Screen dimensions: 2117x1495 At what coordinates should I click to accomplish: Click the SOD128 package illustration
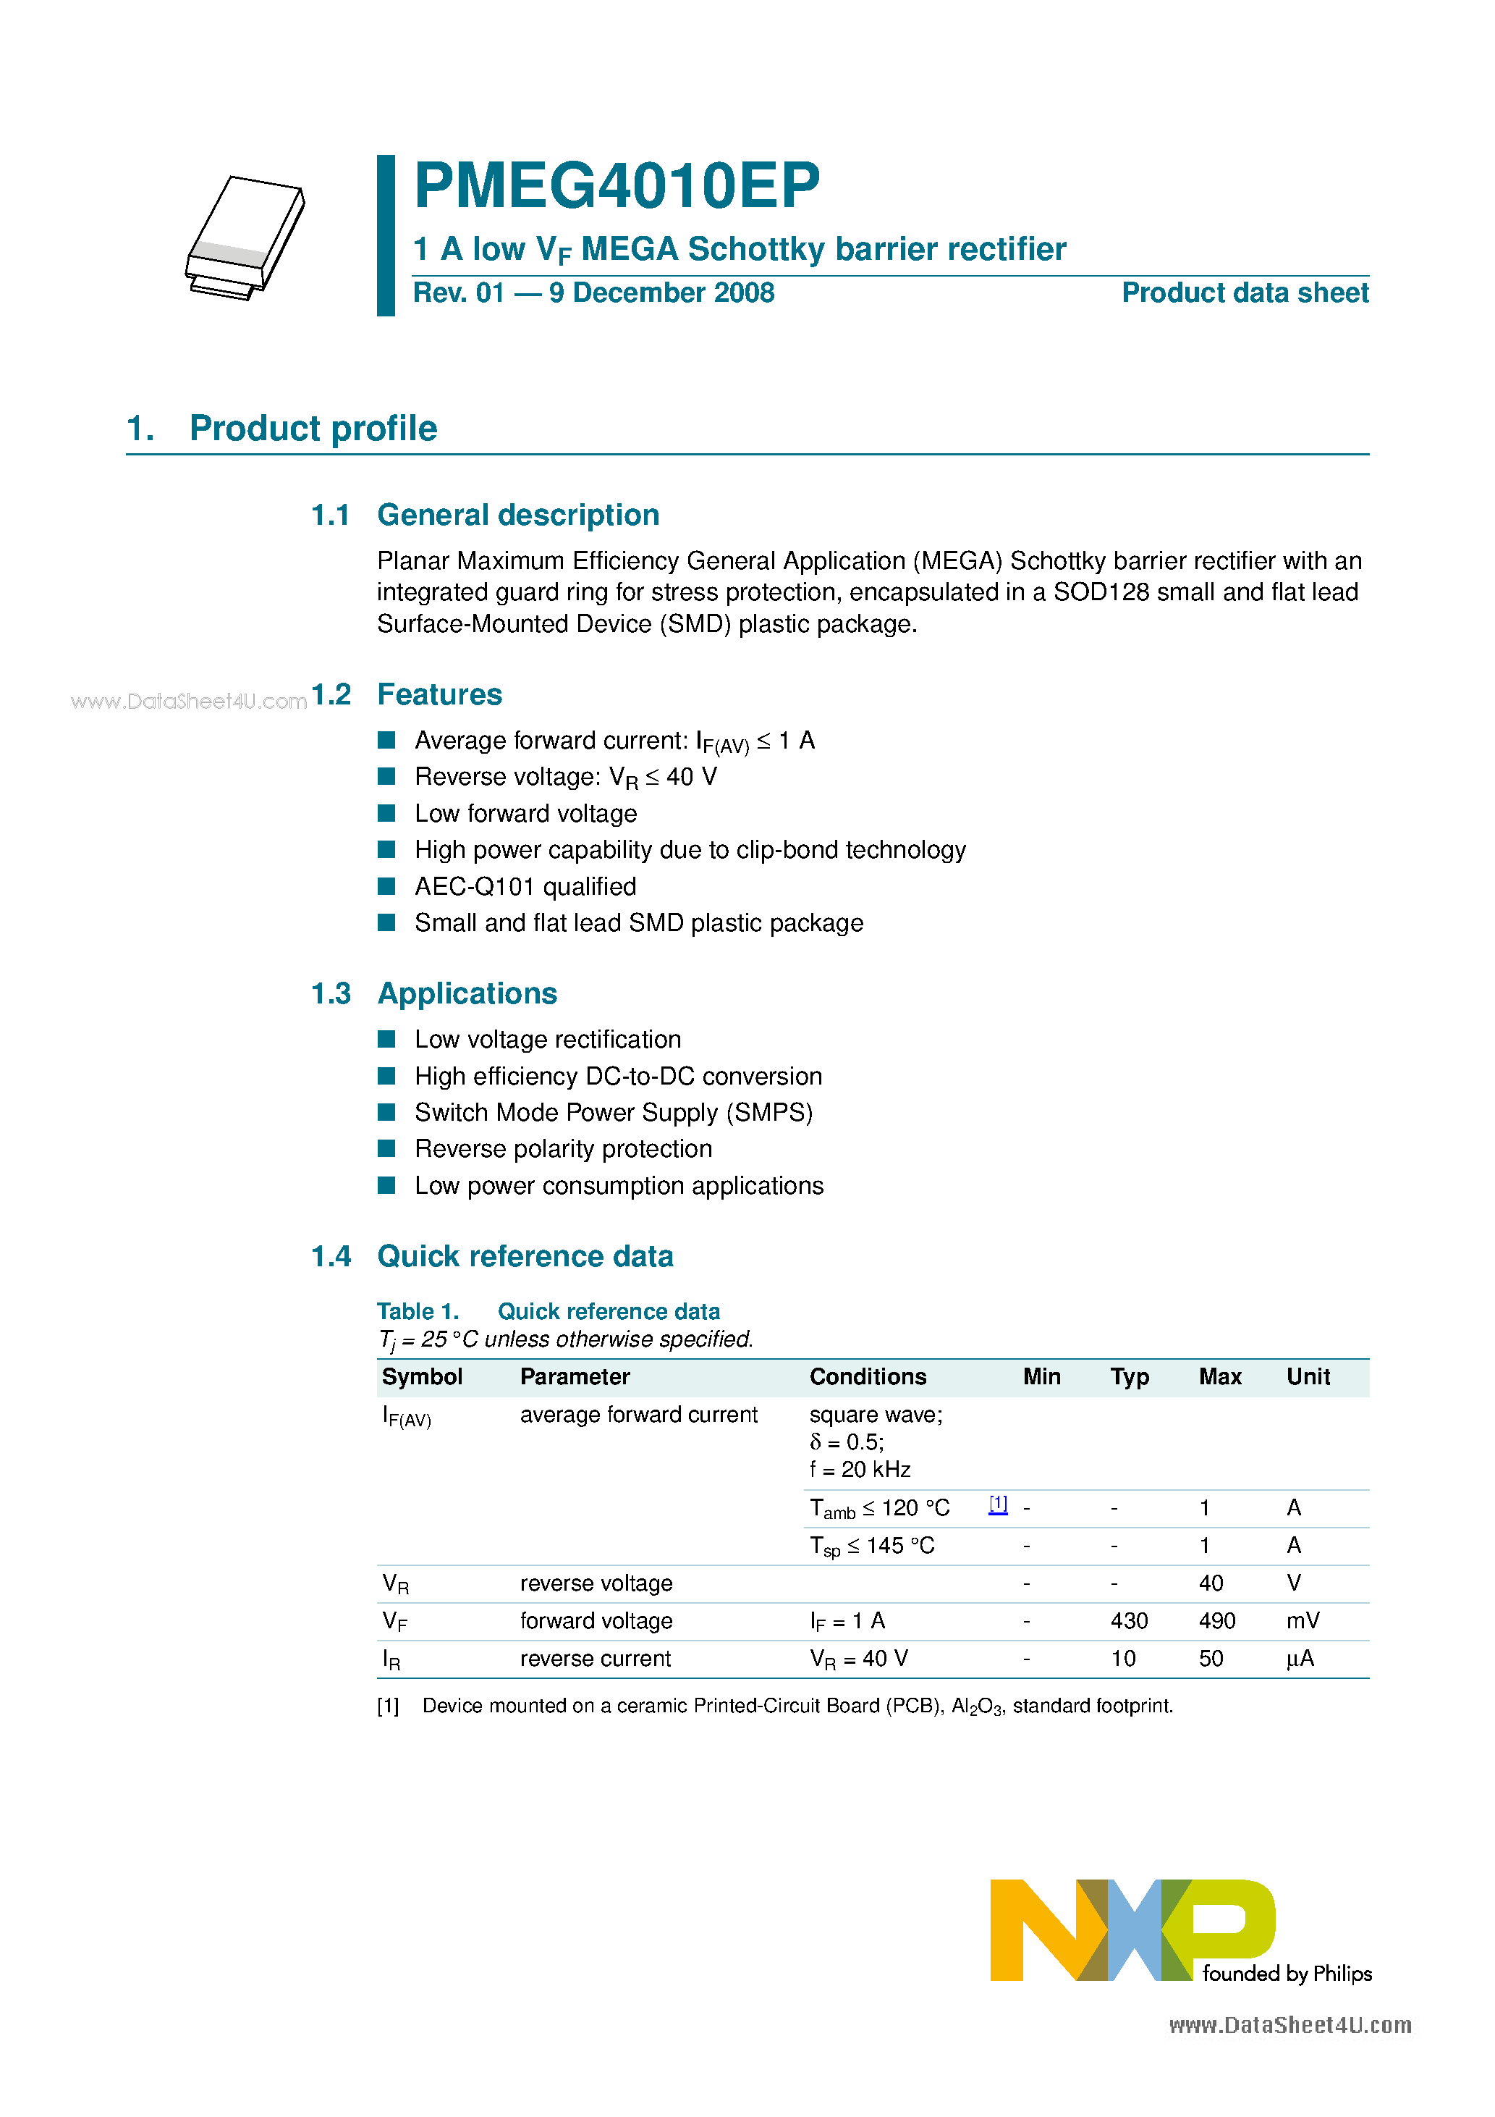(x=245, y=237)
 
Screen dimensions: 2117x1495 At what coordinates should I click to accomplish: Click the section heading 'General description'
(x=518, y=515)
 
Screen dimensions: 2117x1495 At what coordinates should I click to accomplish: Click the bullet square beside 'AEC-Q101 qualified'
(x=386, y=886)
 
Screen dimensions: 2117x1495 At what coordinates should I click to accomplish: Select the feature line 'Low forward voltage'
(x=525, y=813)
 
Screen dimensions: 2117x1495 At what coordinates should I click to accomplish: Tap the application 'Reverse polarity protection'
(x=563, y=1149)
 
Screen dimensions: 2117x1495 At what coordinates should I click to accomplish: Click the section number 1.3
(x=330, y=994)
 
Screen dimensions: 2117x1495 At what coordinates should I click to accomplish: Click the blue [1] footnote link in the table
(x=997, y=1504)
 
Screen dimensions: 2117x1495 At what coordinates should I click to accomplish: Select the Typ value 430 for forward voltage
(x=1128, y=1621)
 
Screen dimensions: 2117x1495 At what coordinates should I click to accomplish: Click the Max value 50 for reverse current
(x=1210, y=1659)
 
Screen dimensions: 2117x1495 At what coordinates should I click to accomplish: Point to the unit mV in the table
(x=1303, y=1621)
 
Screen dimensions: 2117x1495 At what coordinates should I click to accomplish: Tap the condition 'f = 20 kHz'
(x=859, y=1470)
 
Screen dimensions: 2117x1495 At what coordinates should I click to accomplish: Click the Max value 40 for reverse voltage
(x=1210, y=1583)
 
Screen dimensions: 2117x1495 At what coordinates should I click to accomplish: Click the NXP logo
(x=1132, y=1929)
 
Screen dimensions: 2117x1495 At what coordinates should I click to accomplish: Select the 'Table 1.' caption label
(x=418, y=1312)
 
